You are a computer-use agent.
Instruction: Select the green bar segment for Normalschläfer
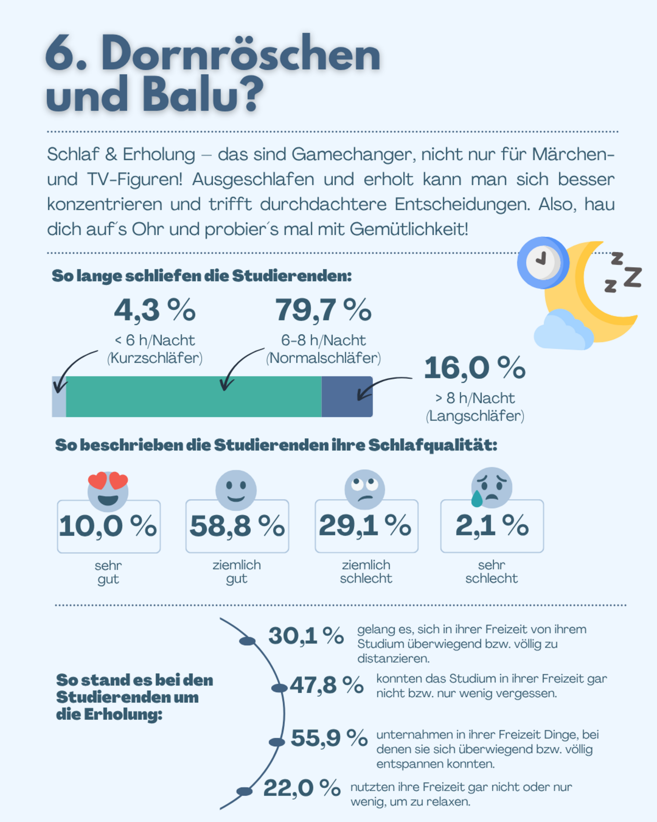click(x=193, y=397)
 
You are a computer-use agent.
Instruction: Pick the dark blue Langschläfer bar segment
click(x=347, y=397)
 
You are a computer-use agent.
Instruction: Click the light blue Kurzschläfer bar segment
click(x=59, y=397)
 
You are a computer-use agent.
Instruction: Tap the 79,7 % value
click(x=323, y=310)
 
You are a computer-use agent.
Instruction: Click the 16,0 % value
click(x=474, y=368)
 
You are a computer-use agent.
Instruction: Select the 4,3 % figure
click(x=154, y=310)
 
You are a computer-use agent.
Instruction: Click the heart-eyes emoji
click(x=108, y=490)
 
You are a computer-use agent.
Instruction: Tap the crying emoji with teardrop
click(x=491, y=487)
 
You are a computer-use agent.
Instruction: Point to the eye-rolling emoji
click(x=364, y=489)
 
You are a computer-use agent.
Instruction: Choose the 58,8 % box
click(x=237, y=526)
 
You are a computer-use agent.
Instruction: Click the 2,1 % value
click(x=492, y=525)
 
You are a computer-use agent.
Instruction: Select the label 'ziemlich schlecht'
click(x=366, y=571)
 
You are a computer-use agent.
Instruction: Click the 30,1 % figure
click(x=306, y=636)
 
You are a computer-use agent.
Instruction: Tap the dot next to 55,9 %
click(x=276, y=742)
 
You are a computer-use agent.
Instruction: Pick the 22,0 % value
click(x=301, y=788)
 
